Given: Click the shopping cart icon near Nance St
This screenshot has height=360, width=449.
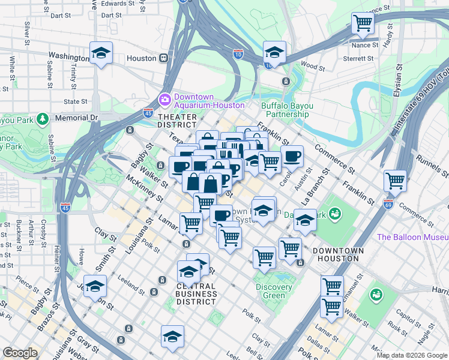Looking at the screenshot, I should point(363,23).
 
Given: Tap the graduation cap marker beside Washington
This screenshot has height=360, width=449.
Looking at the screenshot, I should point(101,53).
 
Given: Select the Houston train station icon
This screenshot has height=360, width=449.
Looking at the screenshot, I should point(163,58).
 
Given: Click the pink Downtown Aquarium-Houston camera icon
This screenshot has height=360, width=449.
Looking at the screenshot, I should point(164,99).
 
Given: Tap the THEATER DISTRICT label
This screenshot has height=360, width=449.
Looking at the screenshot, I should point(177,121).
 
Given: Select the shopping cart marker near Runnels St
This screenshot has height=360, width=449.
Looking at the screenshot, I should point(395,179).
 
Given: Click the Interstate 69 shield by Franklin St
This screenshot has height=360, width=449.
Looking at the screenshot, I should point(388,204).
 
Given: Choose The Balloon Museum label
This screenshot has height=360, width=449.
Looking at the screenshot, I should point(412,237).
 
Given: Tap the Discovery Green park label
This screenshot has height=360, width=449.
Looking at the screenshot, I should point(274,291).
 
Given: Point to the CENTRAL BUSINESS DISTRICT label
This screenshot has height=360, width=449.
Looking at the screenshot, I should point(196,294).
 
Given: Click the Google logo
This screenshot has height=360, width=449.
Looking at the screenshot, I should point(20,353).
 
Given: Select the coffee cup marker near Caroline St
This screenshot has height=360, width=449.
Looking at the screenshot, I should point(292,157).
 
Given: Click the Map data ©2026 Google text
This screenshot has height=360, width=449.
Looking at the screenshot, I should point(411,355).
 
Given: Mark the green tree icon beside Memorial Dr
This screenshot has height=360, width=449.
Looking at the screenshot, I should point(42,118).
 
